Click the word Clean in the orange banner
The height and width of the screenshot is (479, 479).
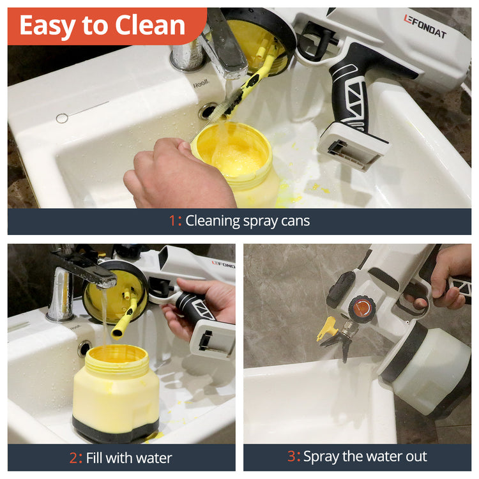point(149,25)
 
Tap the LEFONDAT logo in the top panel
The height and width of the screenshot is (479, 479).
point(425,26)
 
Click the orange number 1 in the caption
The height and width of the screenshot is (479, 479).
point(172,220)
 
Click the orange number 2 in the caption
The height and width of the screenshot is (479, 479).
point(73,458)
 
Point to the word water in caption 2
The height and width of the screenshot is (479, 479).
point(154,458)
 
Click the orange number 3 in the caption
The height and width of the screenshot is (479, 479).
point(291,456)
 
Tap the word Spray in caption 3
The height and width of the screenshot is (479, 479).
point(321,457)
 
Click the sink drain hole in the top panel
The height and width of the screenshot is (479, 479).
point(208,110)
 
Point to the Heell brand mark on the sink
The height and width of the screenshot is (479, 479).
point(201,84)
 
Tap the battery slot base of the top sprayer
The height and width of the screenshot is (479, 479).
point(352,146)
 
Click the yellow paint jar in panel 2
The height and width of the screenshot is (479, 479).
point(116,393)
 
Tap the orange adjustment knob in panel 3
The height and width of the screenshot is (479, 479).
point(362,308)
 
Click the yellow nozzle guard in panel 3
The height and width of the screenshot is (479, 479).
point(327,329)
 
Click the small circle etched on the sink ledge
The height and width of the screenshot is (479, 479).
point(62,118)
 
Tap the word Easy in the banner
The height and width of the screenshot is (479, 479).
point(47,26)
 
